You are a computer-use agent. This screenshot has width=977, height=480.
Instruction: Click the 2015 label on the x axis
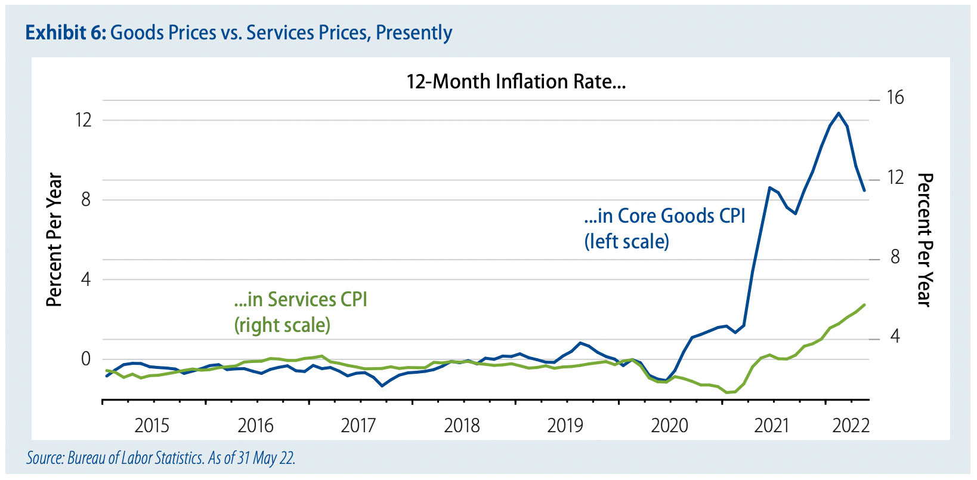[152, 426]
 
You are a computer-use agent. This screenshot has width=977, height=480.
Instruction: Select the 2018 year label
[462, 426]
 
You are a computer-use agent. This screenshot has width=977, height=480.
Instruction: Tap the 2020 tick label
[669, 426]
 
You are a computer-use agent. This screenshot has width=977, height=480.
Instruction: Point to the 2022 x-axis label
[851, 426]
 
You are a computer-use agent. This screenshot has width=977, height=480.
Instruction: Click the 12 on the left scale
[84, 120]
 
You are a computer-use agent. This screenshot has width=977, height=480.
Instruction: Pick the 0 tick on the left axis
[86, 359]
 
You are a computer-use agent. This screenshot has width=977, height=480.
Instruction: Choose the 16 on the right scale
[895, 97]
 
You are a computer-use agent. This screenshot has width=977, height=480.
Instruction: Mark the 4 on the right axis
[895, 337]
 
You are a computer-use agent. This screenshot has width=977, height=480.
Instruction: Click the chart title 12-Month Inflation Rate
[516, 82]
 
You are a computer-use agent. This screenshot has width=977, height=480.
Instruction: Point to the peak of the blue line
[839, 113]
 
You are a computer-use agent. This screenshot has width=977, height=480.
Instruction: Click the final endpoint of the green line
[864, 304]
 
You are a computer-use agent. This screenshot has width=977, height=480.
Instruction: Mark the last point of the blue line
[864, 190]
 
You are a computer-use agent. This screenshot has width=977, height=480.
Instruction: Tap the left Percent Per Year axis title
[54, 240]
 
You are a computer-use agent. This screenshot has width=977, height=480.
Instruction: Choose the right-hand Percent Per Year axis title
[924, 240]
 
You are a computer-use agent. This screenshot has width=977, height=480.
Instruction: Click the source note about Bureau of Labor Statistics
[161, 458]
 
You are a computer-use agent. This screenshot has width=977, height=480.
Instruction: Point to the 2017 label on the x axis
[358, 426]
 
